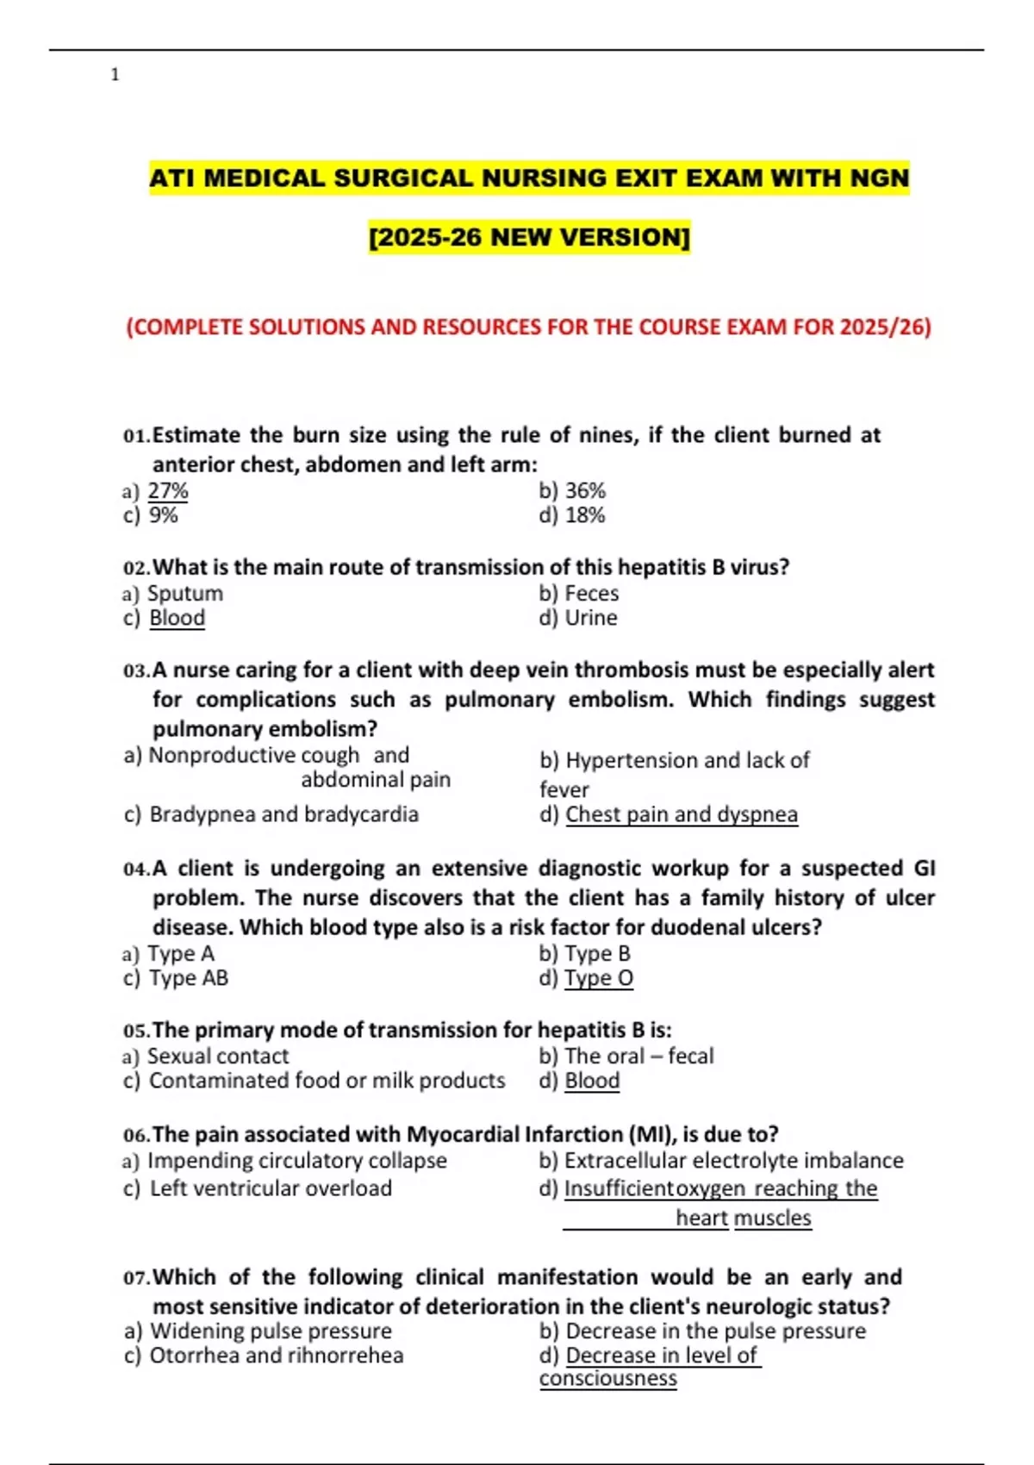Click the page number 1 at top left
pos(115,75)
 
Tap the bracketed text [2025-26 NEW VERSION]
pos(529,236)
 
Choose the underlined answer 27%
pos(168,491)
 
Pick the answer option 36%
pos(585,491)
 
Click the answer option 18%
pos(585,515)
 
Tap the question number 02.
pos(136,568)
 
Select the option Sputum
pos(185,594)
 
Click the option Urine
pos(590,618)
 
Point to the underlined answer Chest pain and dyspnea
pos(682,814)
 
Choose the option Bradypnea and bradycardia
pos(283,814)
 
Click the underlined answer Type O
pos(599,978)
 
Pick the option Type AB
pos(189,978)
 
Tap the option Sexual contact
pos(218,1057)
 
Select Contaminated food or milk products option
pos(327,1081)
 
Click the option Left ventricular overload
pos(271,1188)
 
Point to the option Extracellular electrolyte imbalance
pos(733,1161)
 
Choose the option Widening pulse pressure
pos(271,1331)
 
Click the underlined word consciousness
pos(608,1379)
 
